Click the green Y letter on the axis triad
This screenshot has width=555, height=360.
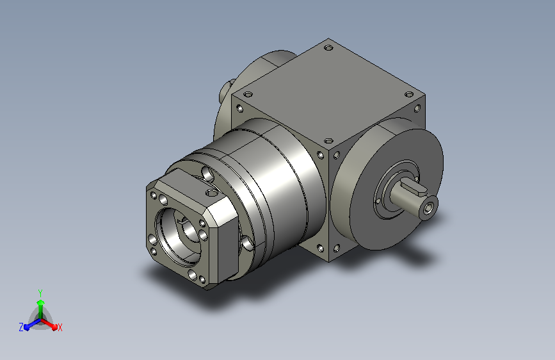click(40, 293)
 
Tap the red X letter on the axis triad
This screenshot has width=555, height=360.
click(60, 327)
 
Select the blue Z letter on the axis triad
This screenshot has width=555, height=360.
click(21, 327)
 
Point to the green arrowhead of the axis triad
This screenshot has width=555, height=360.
click(40, 302)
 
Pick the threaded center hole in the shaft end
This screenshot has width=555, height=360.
click(430, 209)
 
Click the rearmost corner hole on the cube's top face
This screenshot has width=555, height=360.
click(328, 47)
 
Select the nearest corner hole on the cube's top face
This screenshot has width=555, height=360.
click(328, 141)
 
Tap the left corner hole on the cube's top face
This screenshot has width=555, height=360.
click(248, 95)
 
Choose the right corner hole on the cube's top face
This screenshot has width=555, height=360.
click(409, 94)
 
